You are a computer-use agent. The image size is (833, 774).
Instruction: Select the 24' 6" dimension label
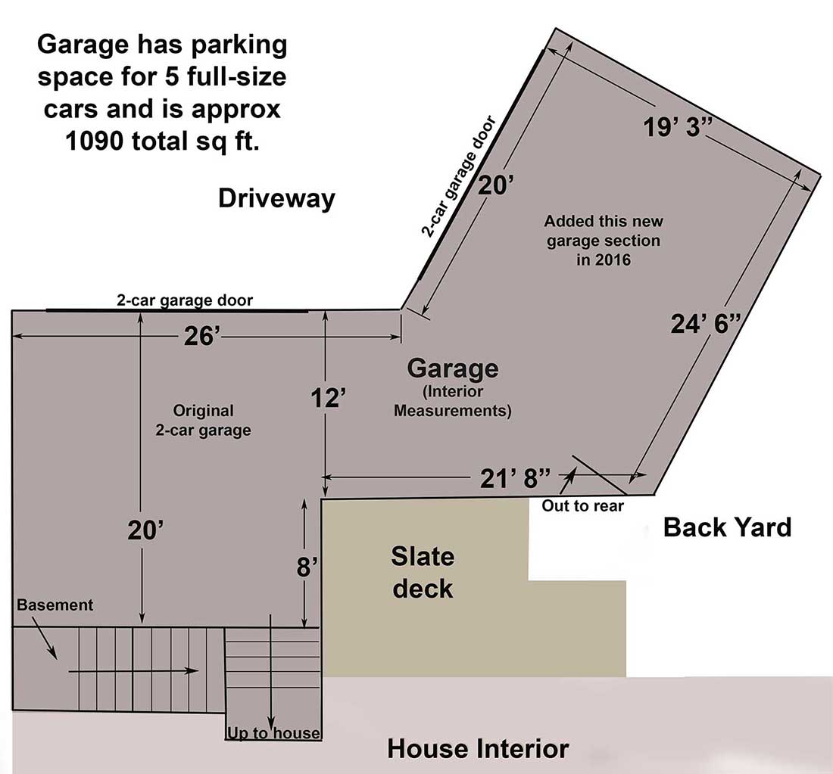[705, 323]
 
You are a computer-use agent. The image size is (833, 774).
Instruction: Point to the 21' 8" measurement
[515, 478]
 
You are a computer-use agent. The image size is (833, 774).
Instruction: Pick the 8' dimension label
[307, 567]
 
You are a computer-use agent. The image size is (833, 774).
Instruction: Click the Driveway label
[276, 198]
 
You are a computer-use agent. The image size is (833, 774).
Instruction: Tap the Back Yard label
[727, 527]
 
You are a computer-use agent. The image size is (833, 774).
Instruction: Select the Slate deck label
[423, 572]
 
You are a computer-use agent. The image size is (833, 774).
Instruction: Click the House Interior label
[478, 748]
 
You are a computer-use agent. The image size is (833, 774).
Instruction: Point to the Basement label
[55, 605]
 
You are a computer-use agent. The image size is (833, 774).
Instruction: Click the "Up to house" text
[273, 733]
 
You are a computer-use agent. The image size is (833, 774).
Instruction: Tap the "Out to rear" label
[583, 506]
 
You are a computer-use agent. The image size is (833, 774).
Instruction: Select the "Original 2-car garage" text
[204, 420]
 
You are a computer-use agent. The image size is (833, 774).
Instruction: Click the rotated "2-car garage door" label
[458, 176]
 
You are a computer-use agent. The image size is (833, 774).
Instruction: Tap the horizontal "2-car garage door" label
[185, 300]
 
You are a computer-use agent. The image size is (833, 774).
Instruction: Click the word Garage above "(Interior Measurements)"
[453, 368]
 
